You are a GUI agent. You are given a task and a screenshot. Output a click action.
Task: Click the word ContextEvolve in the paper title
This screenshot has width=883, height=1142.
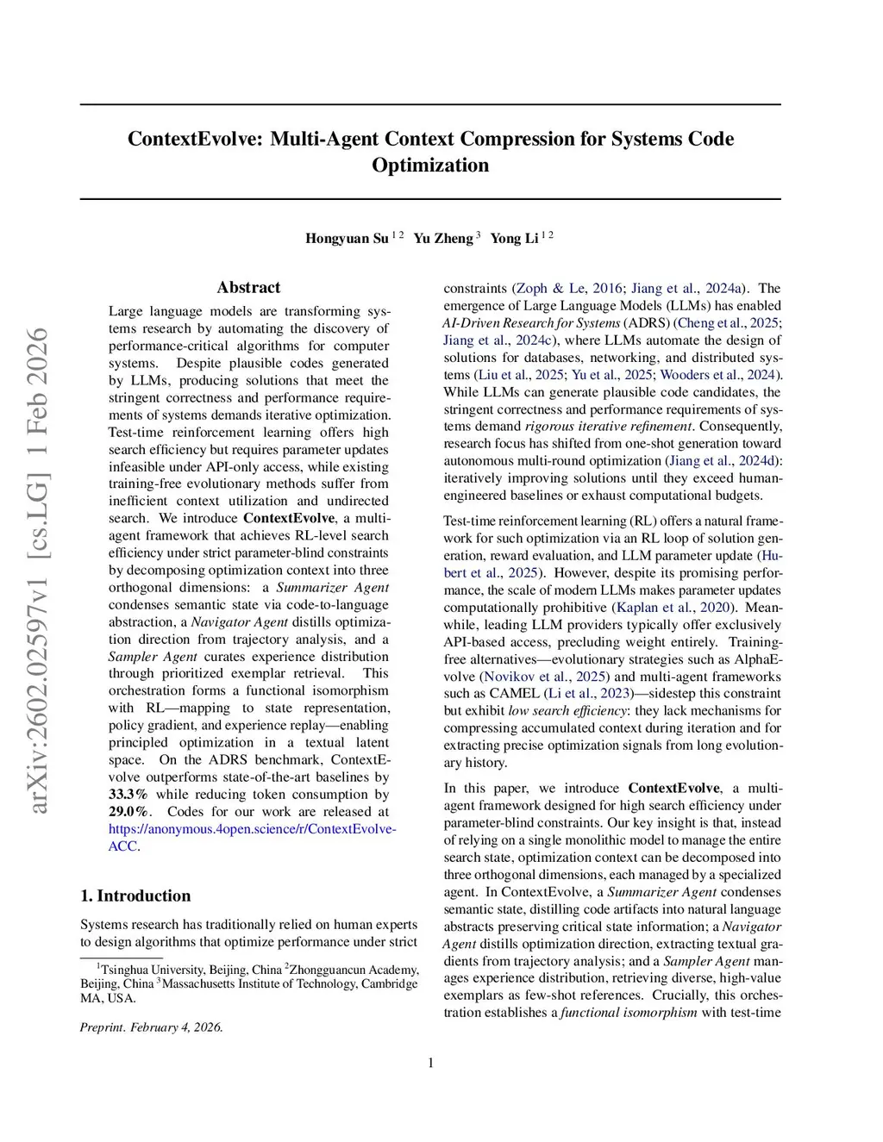194,139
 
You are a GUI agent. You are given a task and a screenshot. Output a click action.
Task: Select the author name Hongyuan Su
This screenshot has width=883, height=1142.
347,239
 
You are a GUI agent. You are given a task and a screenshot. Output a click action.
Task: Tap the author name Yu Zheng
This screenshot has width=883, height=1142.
443,239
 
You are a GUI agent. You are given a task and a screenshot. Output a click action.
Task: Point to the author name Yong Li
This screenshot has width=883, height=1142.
514,239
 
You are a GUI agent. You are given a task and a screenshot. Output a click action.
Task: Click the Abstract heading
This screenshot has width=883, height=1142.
248,288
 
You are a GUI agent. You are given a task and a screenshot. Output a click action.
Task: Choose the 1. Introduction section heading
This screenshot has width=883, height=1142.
135,896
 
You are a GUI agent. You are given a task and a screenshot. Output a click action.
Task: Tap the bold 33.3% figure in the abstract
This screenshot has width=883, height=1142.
128,795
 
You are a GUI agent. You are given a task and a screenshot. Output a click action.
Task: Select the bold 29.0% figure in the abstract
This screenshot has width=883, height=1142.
128,812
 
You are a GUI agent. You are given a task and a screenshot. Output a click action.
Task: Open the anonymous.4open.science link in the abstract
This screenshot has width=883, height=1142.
252,829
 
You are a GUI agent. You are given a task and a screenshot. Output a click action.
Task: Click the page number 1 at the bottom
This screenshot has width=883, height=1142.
431,1063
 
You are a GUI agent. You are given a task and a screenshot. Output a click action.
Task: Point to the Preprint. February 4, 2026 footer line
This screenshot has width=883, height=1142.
152,1027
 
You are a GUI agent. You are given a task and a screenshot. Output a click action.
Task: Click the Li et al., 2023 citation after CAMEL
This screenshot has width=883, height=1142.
589,694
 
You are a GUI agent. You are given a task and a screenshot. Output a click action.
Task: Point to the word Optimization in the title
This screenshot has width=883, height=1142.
430,165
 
